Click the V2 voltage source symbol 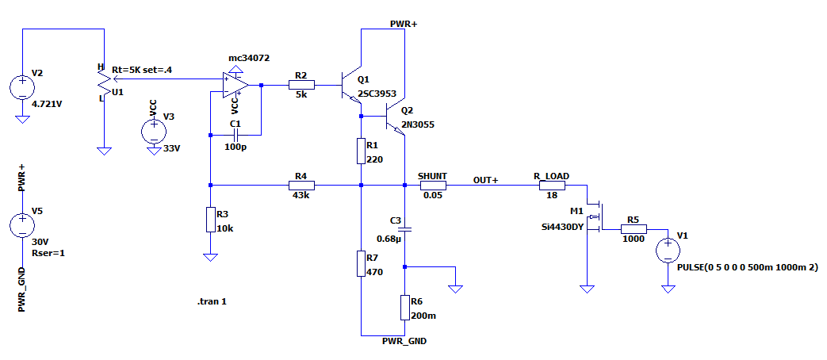click(x=21, y=86)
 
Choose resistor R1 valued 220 click(x=361, y=151)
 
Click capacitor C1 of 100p click(x=235, y=135)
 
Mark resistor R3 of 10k click(x=210, y=220)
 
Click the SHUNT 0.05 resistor click(x=432, y=186)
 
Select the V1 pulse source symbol click(x=667, y=251)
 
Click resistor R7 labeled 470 click(x=361, y=263)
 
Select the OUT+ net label click(x=485, y=180)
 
